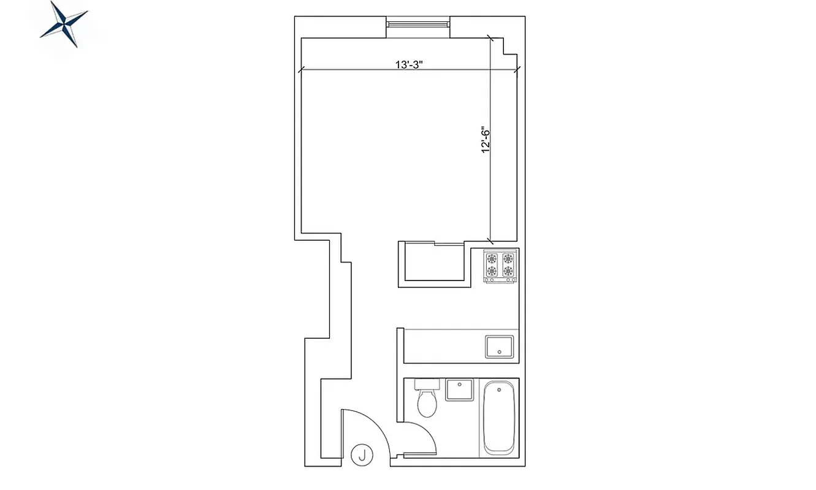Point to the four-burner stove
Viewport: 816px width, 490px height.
[x=500, y=265]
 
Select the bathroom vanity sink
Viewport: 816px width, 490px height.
[x=459, y=390]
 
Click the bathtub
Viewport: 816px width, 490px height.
[x=499, y=418]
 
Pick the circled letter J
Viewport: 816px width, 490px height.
[x=362, y=455]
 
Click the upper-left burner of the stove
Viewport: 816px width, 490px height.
[x=492, y=257]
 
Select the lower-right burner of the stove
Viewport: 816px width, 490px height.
[x=508, y=271]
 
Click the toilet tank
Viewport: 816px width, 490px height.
[x=427, y=384]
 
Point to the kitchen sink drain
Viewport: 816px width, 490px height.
[x=500, y=352]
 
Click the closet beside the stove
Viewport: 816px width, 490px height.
[x=433, y=263]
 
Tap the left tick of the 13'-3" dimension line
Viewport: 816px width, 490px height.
[x=300, y=70]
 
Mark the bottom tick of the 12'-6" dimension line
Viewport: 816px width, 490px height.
[x=489, y=239]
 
